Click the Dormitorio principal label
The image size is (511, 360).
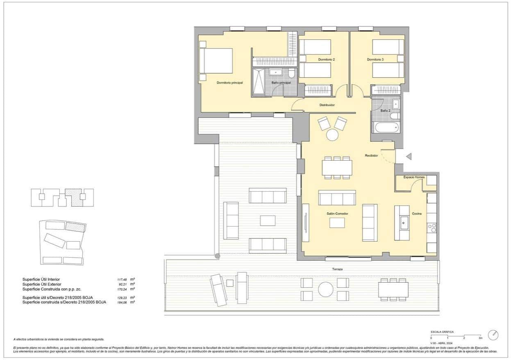pos(229,83)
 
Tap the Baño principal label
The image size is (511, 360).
pos(281,83)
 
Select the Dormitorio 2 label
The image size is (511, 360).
pos(326,60)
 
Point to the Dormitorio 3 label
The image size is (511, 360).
pos(375,60)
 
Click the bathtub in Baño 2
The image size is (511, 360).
pos(386,127)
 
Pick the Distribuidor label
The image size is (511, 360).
pos(327,105)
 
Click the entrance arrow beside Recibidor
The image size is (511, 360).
pos(408,156)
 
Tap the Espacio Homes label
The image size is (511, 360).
pos(414,177)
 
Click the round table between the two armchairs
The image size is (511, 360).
pos(332,135)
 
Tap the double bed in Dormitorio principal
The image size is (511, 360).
pos(216,61)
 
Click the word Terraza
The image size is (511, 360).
pos(338,269)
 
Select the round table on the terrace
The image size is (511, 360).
pos(325,289)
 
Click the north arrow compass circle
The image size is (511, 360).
pos(493,335)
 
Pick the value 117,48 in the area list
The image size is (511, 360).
pos(123,279)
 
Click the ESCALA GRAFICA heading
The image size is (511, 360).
pos(442,332)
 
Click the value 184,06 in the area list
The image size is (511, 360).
pos(123,302)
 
